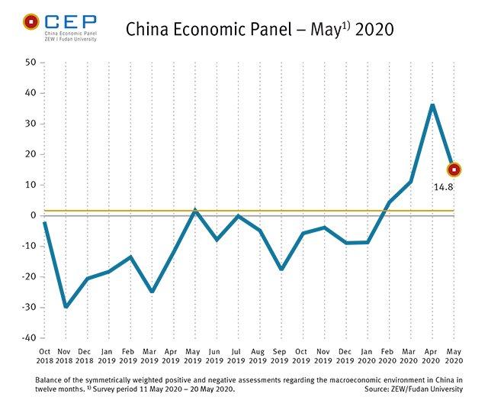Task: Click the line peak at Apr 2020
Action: pos(432,105)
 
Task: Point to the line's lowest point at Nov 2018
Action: pos(66,307)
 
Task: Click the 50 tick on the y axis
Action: pos(28,62)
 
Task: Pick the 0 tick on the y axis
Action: pos(31,215)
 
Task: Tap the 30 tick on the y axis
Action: pos(28,123)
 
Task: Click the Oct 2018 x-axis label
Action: pos(44,355)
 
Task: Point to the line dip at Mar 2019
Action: pos(152,292)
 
